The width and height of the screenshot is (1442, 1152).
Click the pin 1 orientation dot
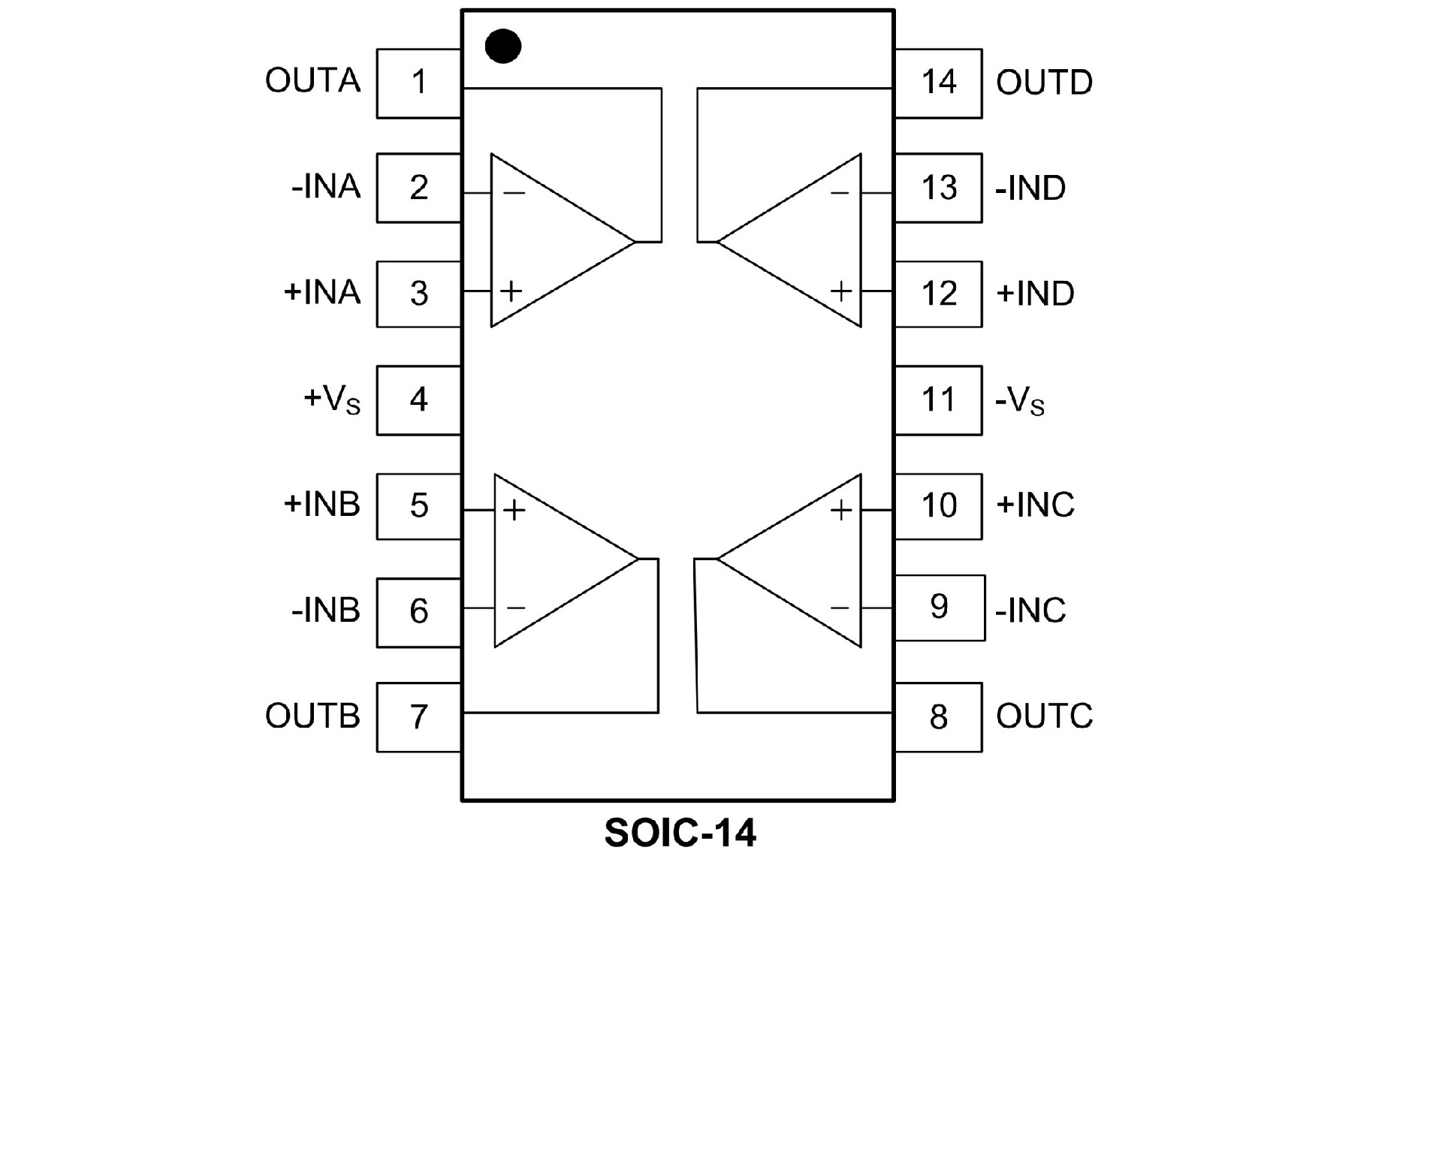[502, 46]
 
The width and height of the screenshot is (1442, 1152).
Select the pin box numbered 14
[938, 83]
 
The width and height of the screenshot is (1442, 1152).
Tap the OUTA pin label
[312, 80]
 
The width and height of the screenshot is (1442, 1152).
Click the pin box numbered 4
[418, 400]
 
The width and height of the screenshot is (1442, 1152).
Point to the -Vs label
[1019, 400]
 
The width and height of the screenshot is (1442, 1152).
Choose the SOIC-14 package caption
[680, 833]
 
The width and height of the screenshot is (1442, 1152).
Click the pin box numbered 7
[418, 716]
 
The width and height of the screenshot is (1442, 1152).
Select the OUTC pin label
[1044, 716]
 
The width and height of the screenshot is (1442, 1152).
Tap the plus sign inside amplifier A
[511, 291]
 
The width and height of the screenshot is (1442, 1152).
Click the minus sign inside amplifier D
[840, 194]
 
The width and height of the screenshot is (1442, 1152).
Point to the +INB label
[321, 504]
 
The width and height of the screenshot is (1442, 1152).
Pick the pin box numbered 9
[939, 607]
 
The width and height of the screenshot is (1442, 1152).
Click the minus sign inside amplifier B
[516, 608]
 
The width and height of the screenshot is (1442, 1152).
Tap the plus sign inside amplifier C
[841, 511]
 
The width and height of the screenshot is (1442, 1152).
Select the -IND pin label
[1030, 188]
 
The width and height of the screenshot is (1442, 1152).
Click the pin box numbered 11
[938, 400]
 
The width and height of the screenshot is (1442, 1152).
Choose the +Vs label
[331, 399]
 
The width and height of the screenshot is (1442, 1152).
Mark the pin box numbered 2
[418, 188]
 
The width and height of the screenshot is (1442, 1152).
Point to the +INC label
[1035, 505]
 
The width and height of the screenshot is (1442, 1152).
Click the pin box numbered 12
[938, 294]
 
